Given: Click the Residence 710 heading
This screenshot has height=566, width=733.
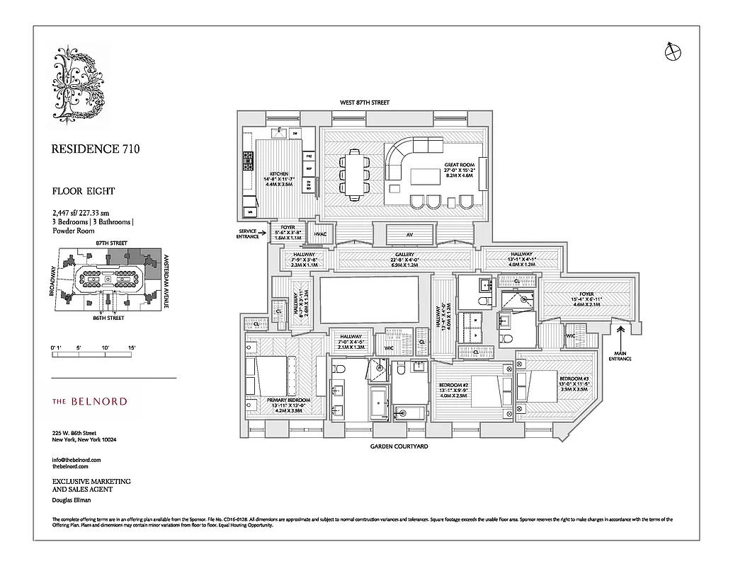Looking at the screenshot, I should [x=96, y=149].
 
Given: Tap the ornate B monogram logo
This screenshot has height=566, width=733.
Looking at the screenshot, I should [x=79, y=83].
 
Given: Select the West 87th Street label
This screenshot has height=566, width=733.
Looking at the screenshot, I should [x=365, y=103].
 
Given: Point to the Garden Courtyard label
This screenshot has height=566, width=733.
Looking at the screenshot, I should [x=399, y=446].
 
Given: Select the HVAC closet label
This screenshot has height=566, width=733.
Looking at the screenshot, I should [x=320, y=234].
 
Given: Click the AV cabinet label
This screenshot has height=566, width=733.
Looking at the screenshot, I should [x=409, y=235].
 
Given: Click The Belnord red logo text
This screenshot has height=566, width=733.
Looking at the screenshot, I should [x=90, y=401].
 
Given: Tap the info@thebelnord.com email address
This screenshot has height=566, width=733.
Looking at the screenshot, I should [x=76, y=460].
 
